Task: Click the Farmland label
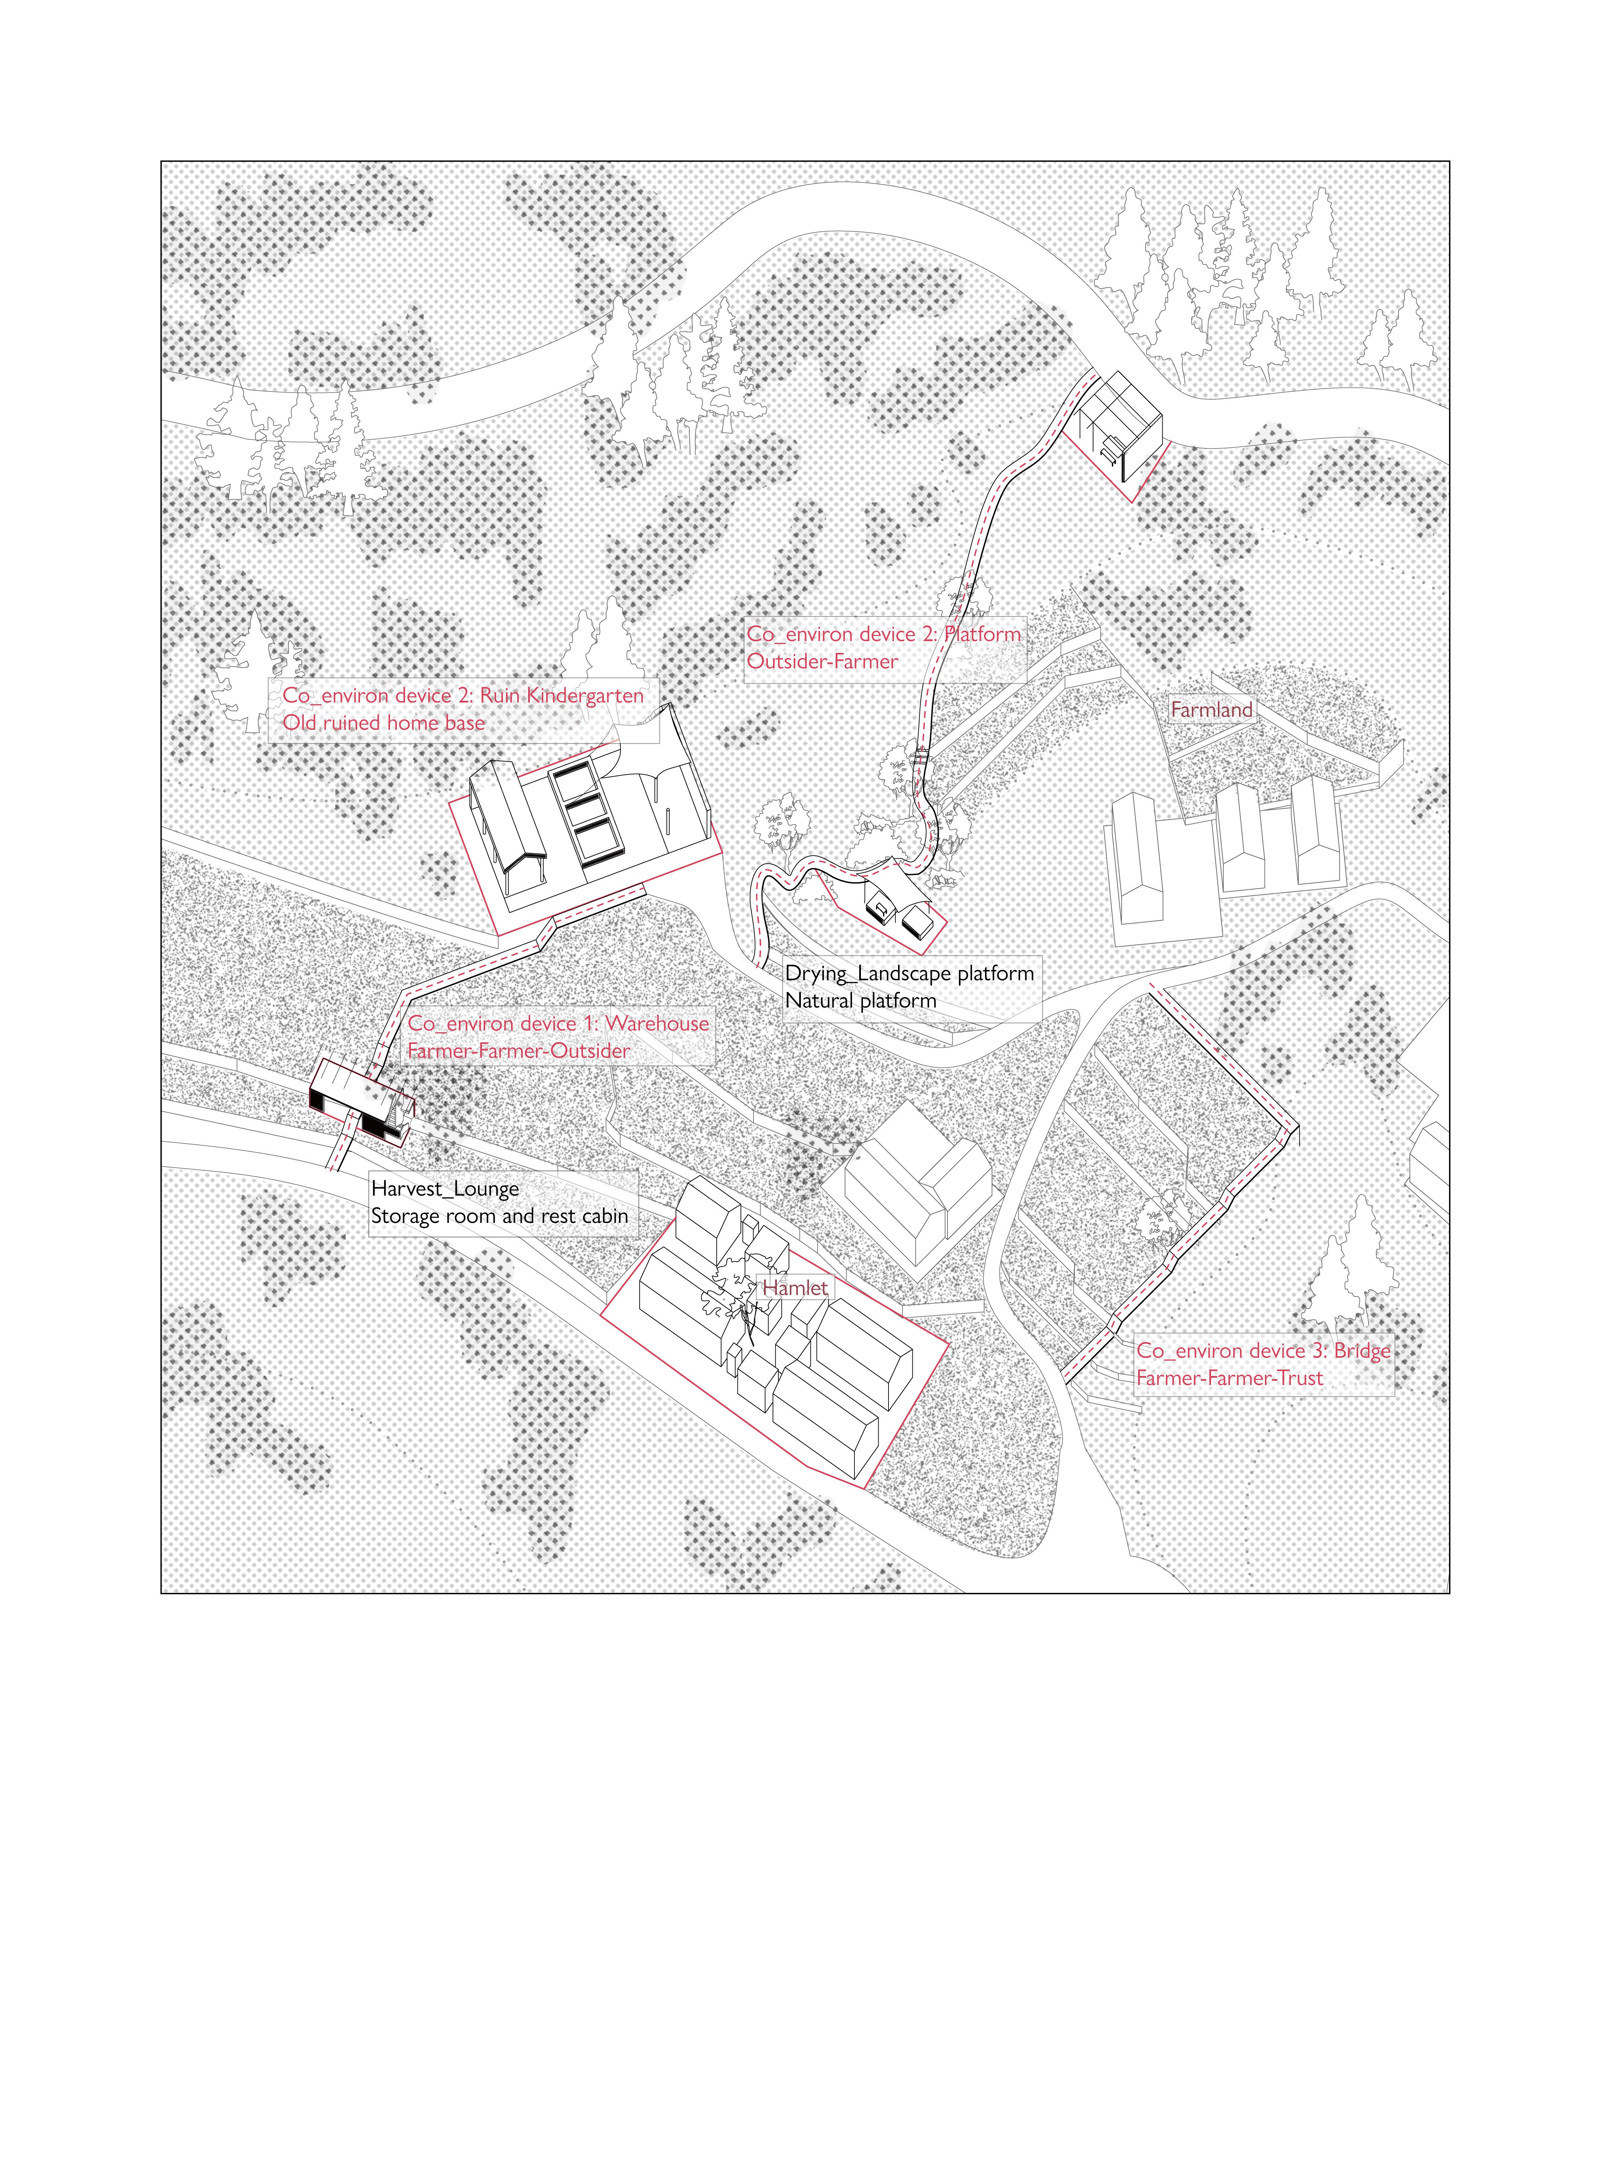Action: pyautogui.click(x=1211, y=710)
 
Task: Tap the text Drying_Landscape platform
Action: pyautogui.click(x=909, y=973)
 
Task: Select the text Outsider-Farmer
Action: pyautogui.click(x=822, y=661)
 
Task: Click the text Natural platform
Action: pyautogui.click(x=860, y=1001)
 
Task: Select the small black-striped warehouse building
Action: pyautogui.click(x=356, y=1100)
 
